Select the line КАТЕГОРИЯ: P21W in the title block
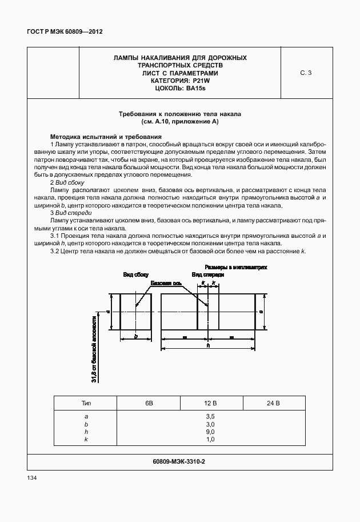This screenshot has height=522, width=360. (179, 81)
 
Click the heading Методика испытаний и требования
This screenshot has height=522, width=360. (106, 137)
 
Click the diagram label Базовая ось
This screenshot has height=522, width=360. (166, 283)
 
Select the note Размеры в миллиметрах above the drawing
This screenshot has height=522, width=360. (236, 267)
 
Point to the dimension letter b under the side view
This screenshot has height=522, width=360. (135, 337)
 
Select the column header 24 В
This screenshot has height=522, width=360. (273, 404)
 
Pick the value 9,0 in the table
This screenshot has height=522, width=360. (210, 432)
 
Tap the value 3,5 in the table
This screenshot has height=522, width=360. (210, 417)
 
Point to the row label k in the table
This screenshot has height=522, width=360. (86, 439)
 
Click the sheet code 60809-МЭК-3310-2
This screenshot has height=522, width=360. (179, 461)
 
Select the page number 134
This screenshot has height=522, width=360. (32, 478)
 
